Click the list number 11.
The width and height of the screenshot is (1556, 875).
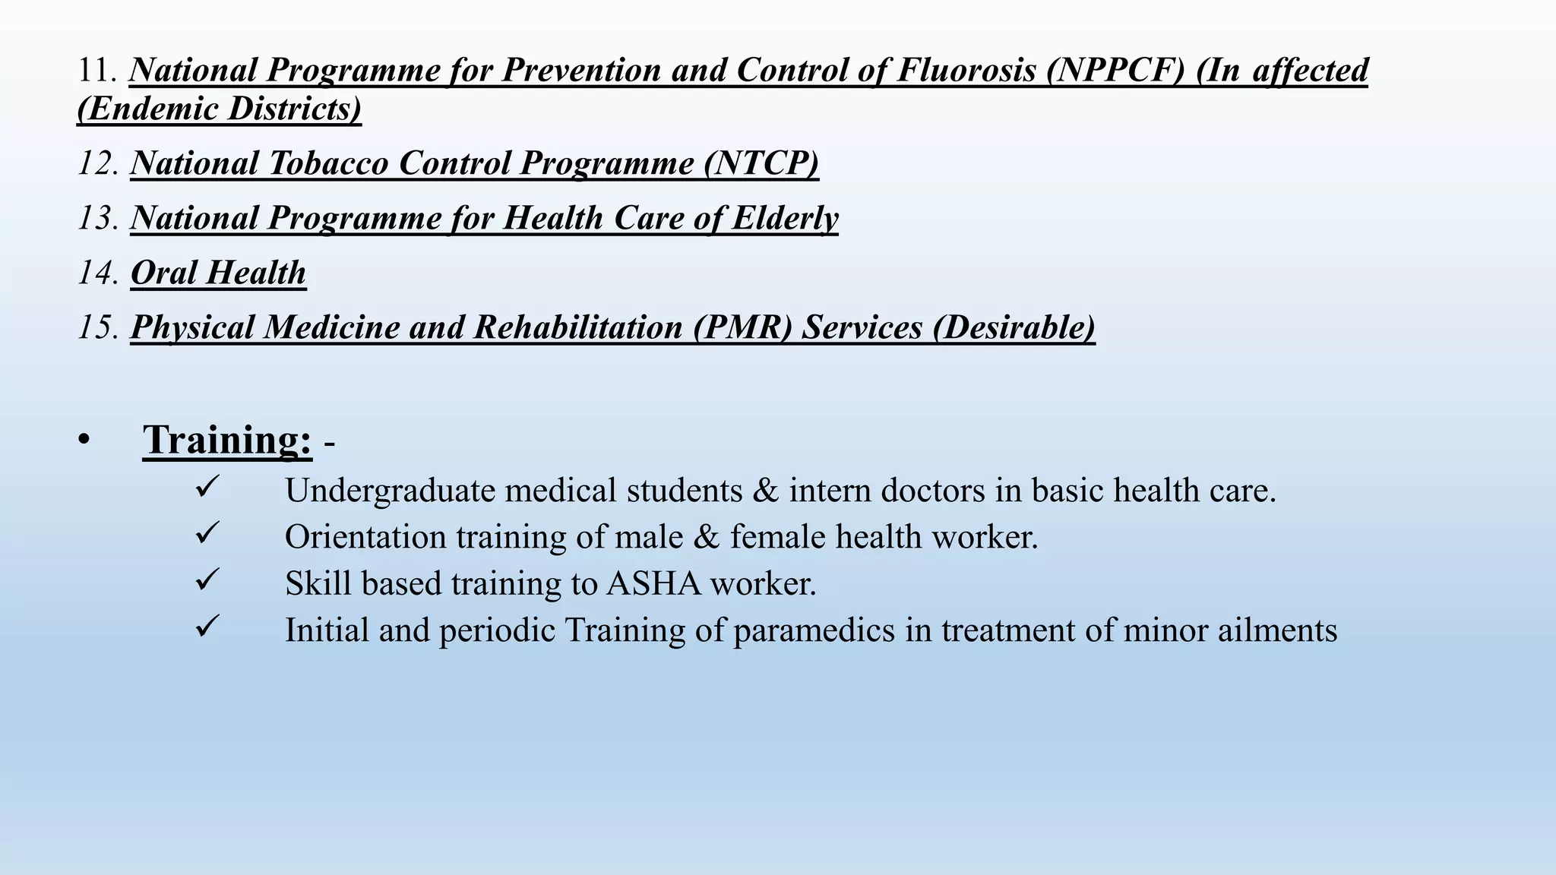(x=96, y=71)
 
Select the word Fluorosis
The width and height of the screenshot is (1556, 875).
(x=966, y=71)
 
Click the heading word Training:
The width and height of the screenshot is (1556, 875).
(x=227, y=440)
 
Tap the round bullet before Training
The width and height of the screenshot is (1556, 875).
(x=84, y=441)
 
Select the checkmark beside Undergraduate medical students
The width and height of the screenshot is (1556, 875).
(x=207, y=486)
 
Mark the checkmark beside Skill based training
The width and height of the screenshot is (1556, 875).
(x=207, y=580)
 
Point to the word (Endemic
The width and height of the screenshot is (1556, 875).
(x=147, y=109)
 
